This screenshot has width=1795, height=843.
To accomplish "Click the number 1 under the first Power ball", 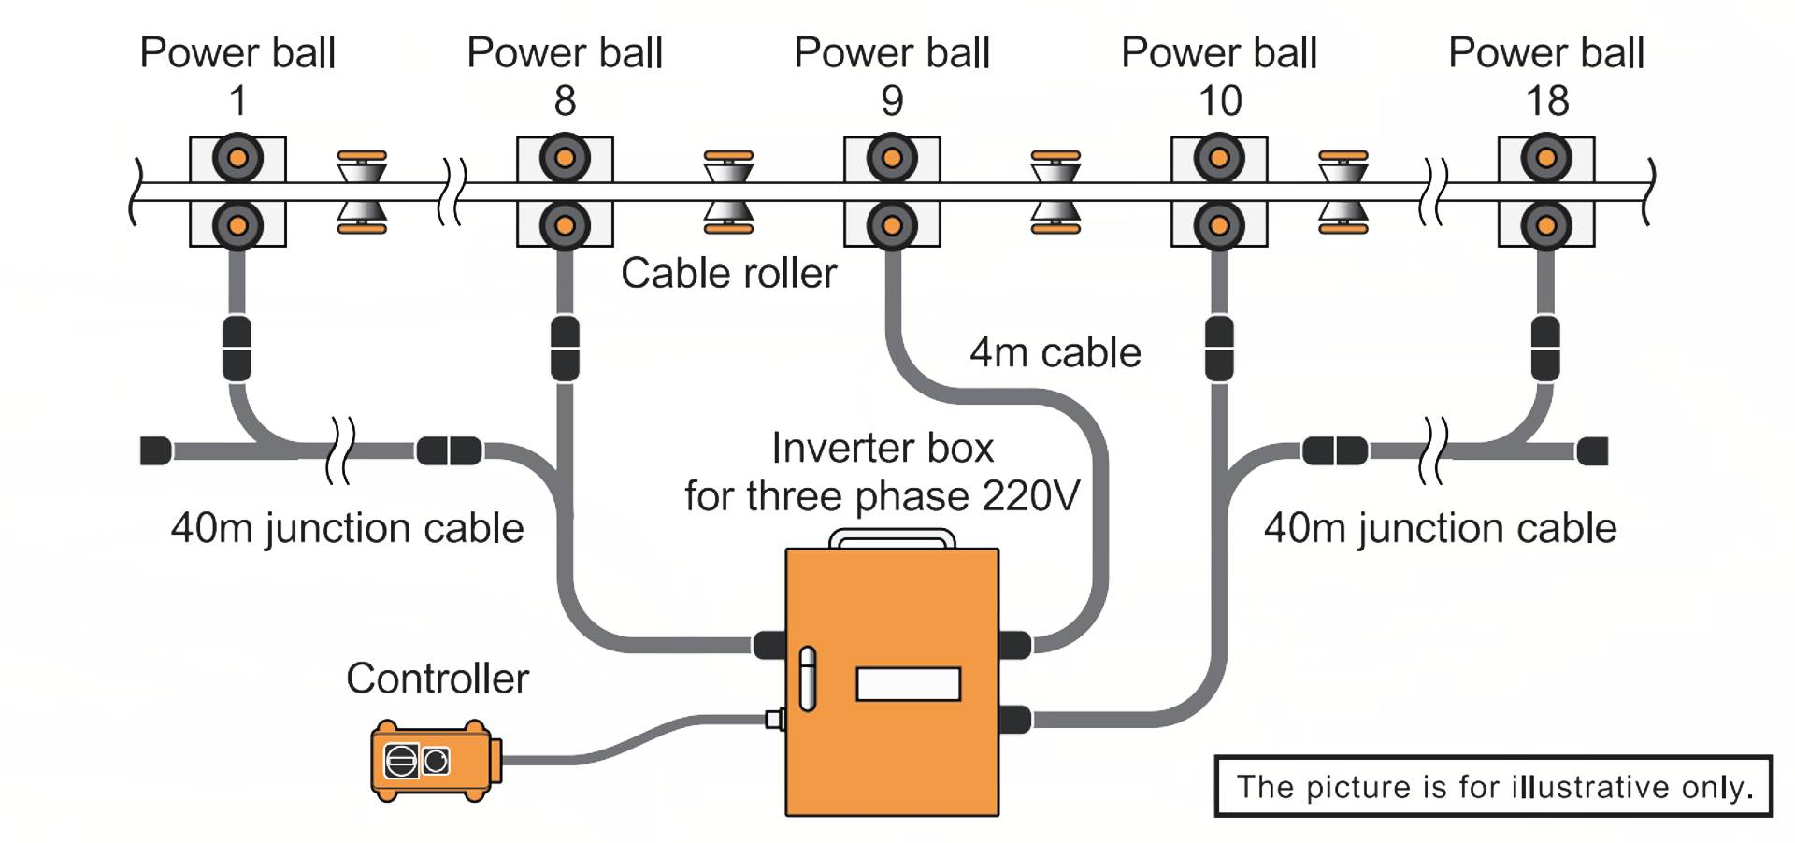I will [237, 101].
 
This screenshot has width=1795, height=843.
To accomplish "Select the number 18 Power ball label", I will [1546, 101].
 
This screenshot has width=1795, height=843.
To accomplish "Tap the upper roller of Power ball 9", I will [892, 158].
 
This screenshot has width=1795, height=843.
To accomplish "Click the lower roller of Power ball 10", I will [1218, 225].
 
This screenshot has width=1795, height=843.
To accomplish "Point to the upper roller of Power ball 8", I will [565, 158].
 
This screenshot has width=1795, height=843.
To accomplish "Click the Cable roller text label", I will [728, 274].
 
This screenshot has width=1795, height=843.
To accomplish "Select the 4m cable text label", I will [1055, 353].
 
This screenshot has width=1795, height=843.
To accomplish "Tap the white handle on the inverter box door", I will [807, 679].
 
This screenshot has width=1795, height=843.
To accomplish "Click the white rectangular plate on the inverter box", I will [908, 684].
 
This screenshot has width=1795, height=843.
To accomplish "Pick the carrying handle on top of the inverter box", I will [892, 537].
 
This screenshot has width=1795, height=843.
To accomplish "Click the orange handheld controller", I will [435, 761].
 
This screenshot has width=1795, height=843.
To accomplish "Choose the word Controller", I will [437, 679].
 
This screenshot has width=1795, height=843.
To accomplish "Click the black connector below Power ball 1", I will [237, 349].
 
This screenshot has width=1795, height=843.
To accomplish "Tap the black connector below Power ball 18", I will [1545, 349].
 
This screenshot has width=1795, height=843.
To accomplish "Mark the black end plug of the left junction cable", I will [156, 450].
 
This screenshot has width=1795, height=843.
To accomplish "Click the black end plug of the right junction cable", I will [1592, 451].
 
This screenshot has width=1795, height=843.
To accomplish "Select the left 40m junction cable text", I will [347, 528].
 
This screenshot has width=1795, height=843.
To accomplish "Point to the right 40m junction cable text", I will [1440, 528].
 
